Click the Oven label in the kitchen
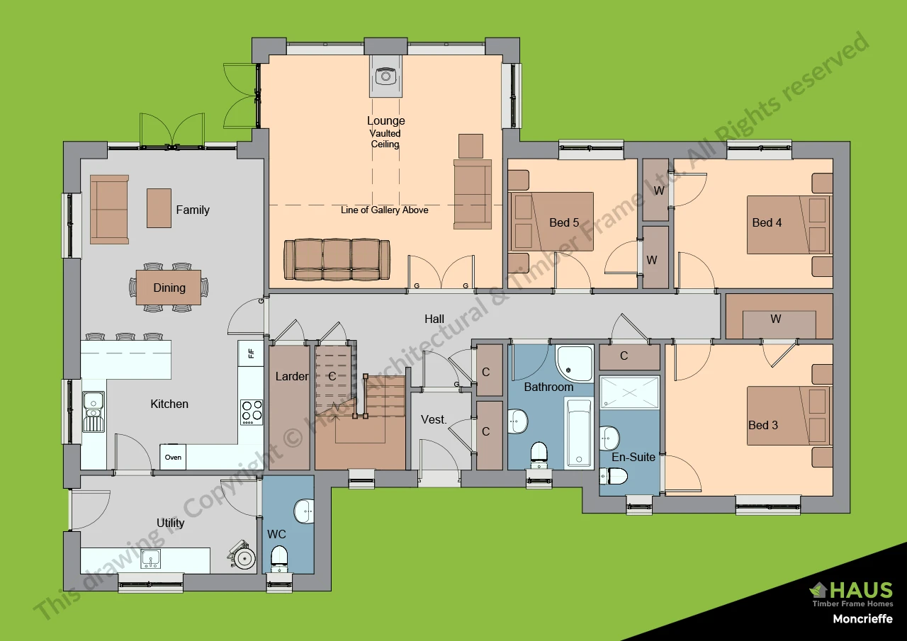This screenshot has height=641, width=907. (173, 457)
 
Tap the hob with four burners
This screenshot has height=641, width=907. (251, 412)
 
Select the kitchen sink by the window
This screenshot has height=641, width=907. (93, 412)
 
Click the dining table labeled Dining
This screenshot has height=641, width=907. (169, 288)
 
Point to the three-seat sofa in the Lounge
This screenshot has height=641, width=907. (337, 259)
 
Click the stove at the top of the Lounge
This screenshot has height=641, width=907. (385, 76)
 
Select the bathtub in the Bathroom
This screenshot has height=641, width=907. (579, 432)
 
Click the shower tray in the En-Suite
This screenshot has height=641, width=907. (629, 401)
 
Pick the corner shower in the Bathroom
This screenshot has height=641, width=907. (573, 362)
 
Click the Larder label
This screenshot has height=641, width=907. (291, 376)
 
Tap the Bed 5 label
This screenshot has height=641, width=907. (564, 222)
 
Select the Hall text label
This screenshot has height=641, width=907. (434, 319)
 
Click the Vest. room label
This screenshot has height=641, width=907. (434, 419)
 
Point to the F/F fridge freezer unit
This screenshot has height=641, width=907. (250, 352)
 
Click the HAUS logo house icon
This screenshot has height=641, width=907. (819, 589)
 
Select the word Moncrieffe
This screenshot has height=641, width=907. (862, 619)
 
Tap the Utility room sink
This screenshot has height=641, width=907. (150, 559)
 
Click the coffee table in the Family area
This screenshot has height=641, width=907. (159, 208)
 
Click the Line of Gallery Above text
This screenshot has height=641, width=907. (384, 210)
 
